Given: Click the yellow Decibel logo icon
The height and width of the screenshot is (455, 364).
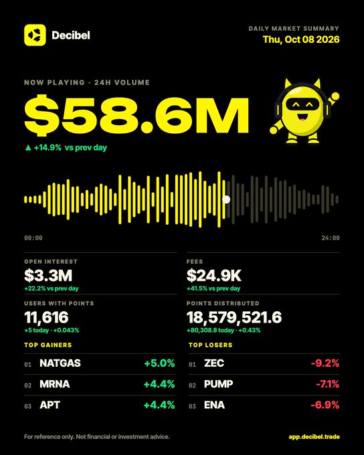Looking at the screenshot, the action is [35, 35].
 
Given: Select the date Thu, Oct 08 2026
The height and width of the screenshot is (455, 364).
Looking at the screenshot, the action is [301, 39].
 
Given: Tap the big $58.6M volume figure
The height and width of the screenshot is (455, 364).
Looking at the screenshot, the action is [136, 115].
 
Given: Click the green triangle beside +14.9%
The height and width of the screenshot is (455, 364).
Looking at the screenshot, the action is [28, 148].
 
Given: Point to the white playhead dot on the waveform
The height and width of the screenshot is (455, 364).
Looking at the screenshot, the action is [226, 199].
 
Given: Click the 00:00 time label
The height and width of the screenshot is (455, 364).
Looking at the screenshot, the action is [33, 238].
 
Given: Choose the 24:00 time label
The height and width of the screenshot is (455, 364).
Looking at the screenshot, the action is [331, 238].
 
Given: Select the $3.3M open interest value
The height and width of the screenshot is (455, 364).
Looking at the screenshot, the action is [48, 276].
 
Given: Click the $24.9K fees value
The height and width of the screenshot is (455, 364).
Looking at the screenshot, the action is [214, 276].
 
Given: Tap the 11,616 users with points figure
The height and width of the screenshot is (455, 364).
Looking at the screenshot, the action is [46, 317].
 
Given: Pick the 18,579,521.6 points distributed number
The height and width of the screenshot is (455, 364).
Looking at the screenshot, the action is [234, 317].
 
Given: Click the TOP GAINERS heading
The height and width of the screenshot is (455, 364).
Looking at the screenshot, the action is [48, 345].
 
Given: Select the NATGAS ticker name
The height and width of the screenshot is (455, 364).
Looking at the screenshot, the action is [60, 363].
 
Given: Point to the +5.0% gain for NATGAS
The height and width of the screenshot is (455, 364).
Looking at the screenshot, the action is [159, 363].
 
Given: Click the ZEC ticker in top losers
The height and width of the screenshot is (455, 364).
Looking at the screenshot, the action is [214, 363].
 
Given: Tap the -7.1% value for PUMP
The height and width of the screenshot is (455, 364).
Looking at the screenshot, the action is [327, 384].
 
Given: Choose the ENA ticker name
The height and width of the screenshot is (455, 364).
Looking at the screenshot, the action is [214, 405].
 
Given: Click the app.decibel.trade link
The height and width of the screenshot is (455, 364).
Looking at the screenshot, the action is [314, 437].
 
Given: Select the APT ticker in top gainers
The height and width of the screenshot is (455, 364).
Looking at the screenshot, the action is [50, 405].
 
